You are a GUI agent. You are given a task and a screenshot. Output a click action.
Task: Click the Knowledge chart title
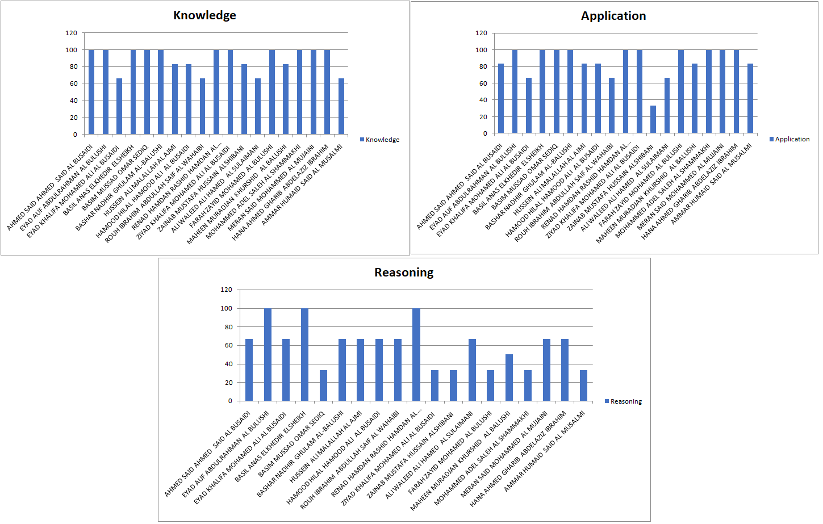pyautogui.click(x=204, y=15)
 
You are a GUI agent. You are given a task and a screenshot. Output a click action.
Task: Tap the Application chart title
pyautogui.click(x=613, y=16)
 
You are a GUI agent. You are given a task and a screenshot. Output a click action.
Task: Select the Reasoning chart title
pyautogui.click(x=404, y=273)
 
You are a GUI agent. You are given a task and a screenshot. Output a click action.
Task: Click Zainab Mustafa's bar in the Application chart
pyautogui.click(x=653, y=120)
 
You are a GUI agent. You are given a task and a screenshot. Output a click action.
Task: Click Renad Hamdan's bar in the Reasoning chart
pyautogui.click(x=416, y=355)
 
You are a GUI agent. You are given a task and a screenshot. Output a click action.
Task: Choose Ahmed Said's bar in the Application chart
pyautogui.click(x=501, y=99)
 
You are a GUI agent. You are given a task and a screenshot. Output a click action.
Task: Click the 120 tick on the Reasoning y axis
pyautogui.click(x=227, y=290)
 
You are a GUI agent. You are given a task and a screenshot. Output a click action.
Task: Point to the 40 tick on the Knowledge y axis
pyautogui.click(x=74, y=100)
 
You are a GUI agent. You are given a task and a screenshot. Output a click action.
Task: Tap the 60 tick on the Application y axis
pyautogui.click(x=483, y=83)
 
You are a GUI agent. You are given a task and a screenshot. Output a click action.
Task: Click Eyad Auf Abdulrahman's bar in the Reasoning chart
pyautogui.click(x=268, y=355)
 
